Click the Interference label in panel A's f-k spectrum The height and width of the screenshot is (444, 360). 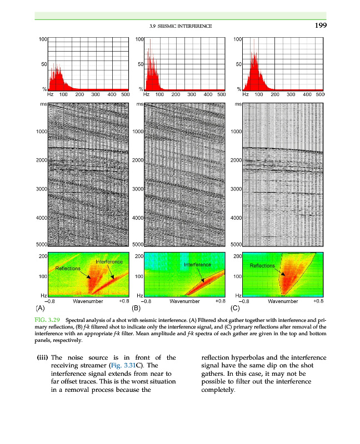point(109,261)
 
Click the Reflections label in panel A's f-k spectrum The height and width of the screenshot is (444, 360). point(68,268)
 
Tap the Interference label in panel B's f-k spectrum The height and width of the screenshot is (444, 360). point(197,265)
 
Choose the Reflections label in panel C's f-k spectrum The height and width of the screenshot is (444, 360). point(263,266)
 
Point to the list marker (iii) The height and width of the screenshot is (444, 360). point(42,357)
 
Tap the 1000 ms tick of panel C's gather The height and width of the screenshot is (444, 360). point(236,132)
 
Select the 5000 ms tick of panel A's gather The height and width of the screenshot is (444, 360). point(40,244)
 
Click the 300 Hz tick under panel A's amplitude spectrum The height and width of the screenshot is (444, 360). point(95,94)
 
